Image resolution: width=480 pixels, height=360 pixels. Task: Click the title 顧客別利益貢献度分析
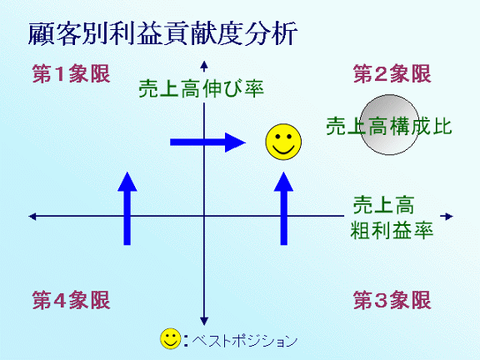coord(162,33)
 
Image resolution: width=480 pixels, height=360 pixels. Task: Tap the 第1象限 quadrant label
coord(71,74)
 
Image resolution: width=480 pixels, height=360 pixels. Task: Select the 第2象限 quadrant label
coord(392,74)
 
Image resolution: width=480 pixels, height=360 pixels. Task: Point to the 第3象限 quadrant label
coord(392,300)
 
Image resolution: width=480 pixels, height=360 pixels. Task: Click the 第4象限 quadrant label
coord(71,300)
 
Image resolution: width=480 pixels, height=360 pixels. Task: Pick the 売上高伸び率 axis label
coord(201,88)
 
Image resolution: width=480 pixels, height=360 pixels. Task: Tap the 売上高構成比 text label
coord(389,126)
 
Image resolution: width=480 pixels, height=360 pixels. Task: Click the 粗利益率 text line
coord(392,230)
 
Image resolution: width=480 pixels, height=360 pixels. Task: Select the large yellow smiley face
coord(283,142)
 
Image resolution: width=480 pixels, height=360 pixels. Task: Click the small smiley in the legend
coord(171,339)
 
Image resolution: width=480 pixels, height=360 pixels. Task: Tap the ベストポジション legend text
coord(245,340)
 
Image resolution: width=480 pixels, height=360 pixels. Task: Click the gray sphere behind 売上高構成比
coord(389,125)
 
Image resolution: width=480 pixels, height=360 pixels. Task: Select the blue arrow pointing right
coord(208,142)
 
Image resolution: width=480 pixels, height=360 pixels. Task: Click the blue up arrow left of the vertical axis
coord(127,208)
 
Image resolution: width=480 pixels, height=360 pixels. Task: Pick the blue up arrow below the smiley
coord(284,208)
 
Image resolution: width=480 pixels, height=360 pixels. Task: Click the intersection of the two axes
coord(204,216)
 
